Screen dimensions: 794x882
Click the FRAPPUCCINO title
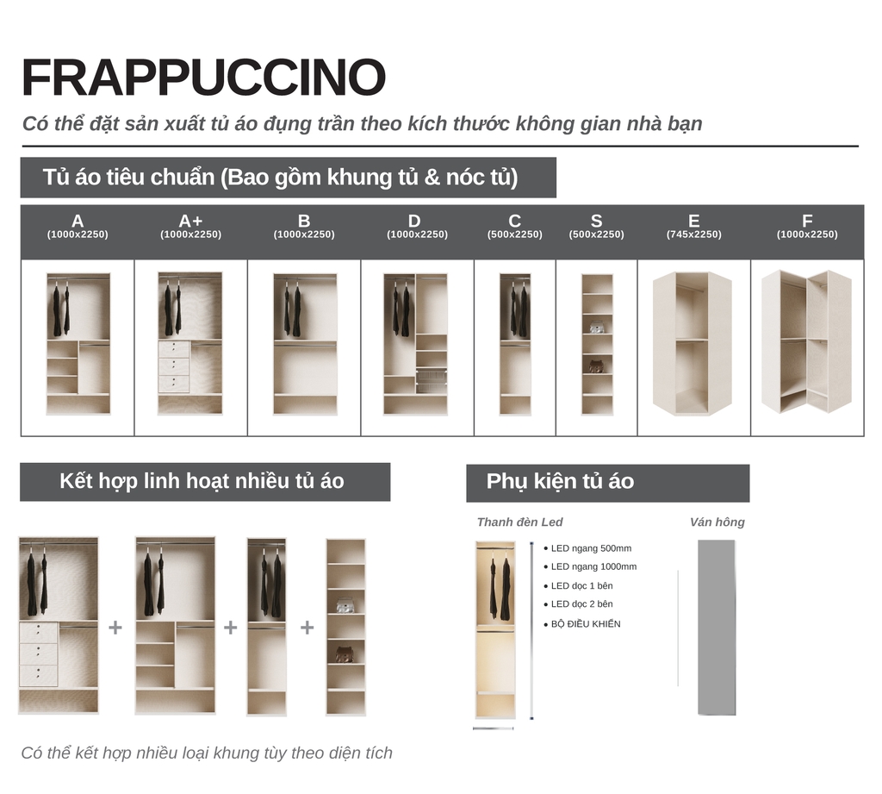click(x=203, y=78)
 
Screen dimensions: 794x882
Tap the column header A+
click(x=190, y=222)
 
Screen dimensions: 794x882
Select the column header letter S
click(x=596, y=222)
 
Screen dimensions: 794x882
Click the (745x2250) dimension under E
click(x=693, y=234)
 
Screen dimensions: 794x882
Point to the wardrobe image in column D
click(x=415, y=344)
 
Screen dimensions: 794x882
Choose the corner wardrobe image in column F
click(x=806, y=341)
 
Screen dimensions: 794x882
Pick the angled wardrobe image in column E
click(x=693, y=343)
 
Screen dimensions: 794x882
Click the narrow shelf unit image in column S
click(x=597, y=344)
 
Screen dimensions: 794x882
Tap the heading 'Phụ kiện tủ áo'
click(x=560, y=482)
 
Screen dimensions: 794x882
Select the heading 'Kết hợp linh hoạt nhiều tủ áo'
click(x=202, y=481)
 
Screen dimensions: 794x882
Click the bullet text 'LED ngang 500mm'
click(x=591, y=548)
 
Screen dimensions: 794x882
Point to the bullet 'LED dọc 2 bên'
click(x=581, y=604)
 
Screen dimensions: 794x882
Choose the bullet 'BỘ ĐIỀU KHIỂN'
click(x=586, y=624)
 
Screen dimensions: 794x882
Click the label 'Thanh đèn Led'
click(x=519, y=522)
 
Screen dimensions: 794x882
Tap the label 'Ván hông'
click(x=717, y=522)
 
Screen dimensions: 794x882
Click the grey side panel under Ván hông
click(x=717, y=628)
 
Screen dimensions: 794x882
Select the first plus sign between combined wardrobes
click(x=115, y=628)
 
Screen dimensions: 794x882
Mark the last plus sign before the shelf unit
click(x=307, y=628)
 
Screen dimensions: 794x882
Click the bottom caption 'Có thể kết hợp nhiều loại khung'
click(x=207, y=753)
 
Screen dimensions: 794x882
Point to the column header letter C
click(x=514, y=222)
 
